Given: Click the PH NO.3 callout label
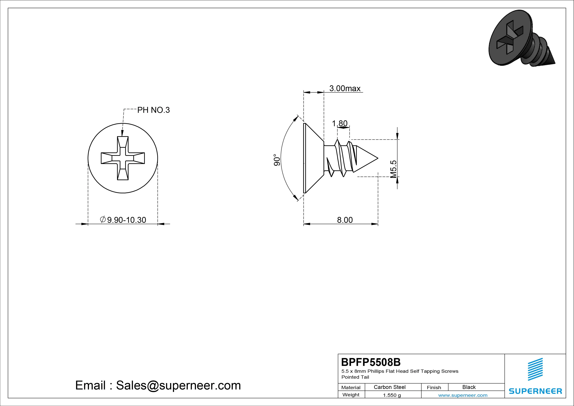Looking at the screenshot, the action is coord(153,110).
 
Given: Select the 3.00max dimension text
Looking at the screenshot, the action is coord(345,88).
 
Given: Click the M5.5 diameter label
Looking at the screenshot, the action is coord(393,169).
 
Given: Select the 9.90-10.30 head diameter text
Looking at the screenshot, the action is coord(123,220).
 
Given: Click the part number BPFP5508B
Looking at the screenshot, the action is coord(371,362).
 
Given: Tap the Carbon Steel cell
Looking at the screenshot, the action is coord(389,387).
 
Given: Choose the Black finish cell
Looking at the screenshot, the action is coord(469,387).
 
